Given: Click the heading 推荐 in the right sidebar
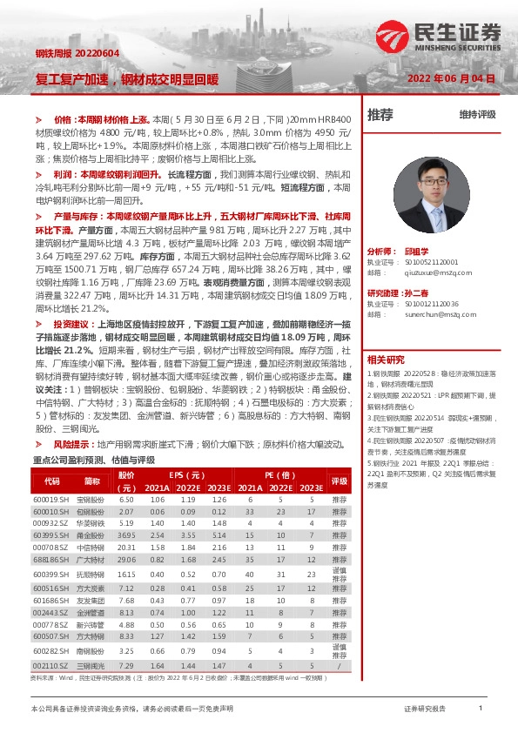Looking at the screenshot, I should (x=380, y=114).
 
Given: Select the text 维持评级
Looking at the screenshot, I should (x=477, y=114).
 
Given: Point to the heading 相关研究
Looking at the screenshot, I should (x=385, y=335).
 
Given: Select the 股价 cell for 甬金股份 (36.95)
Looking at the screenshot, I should (x=127, y=535).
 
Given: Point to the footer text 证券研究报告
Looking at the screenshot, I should (x=426, y=709).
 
